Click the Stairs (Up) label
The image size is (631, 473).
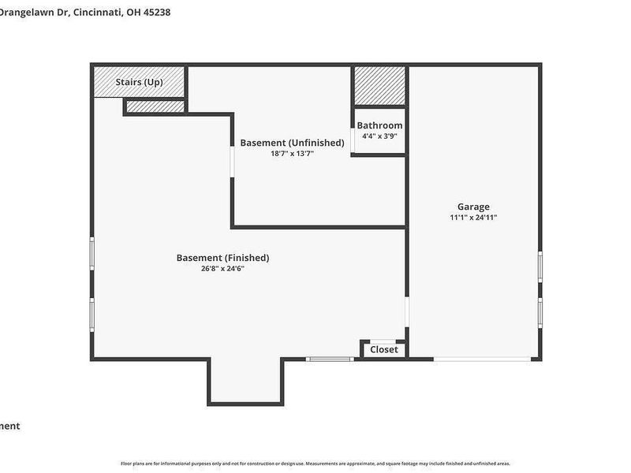pyautogui.click(x=140, y=82)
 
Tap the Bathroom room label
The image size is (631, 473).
pyautogui.click(x=379, y=125)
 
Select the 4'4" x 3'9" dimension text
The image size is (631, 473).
pyautogui.click(x=379, y=136)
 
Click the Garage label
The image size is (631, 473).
pyautogui.click(x=473, y=207)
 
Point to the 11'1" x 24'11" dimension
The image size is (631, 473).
pyautogui.click(x=473, y=218)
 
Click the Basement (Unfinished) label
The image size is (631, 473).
pyautogui.click(x=292, y=143)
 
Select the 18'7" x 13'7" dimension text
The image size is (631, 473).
pyautogui.click(x=292, y=154)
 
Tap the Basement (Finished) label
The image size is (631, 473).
pyautogui.click(x=222, y=258)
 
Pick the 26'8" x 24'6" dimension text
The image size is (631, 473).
pyautogui.click(x=222, y=269)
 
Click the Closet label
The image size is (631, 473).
pyautogui.click(x=384, y=349)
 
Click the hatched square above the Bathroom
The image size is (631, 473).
pyautogui.click(x=379, y=85)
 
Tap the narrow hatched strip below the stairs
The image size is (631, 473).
pyautogui.click(x=155, y=106)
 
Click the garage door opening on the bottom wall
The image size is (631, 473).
pyautogui.click(x=482, y=359)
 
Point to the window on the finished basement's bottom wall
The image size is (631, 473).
pyautogui.click(x=330, y=359)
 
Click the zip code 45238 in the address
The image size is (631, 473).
pyautogui.click(x=155, y=13)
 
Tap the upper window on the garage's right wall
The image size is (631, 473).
pyautogui.click(x=540, y=266)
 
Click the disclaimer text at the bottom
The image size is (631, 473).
pyautogui.click(x=315, y=464)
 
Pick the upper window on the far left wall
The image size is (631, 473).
pyautogui.click(x=91, y=255)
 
